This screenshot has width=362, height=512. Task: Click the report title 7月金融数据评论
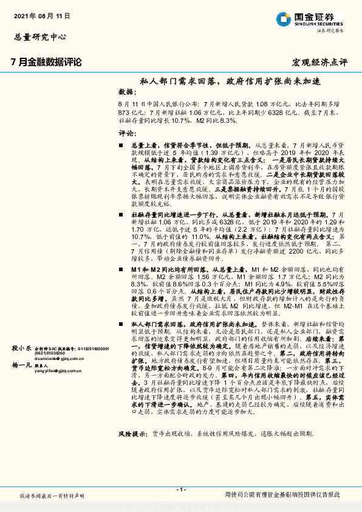click(x=46, y=61)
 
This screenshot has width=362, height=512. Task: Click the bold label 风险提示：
click(x=132, y=434)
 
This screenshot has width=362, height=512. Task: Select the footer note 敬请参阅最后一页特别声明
click(x=52, y=496)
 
